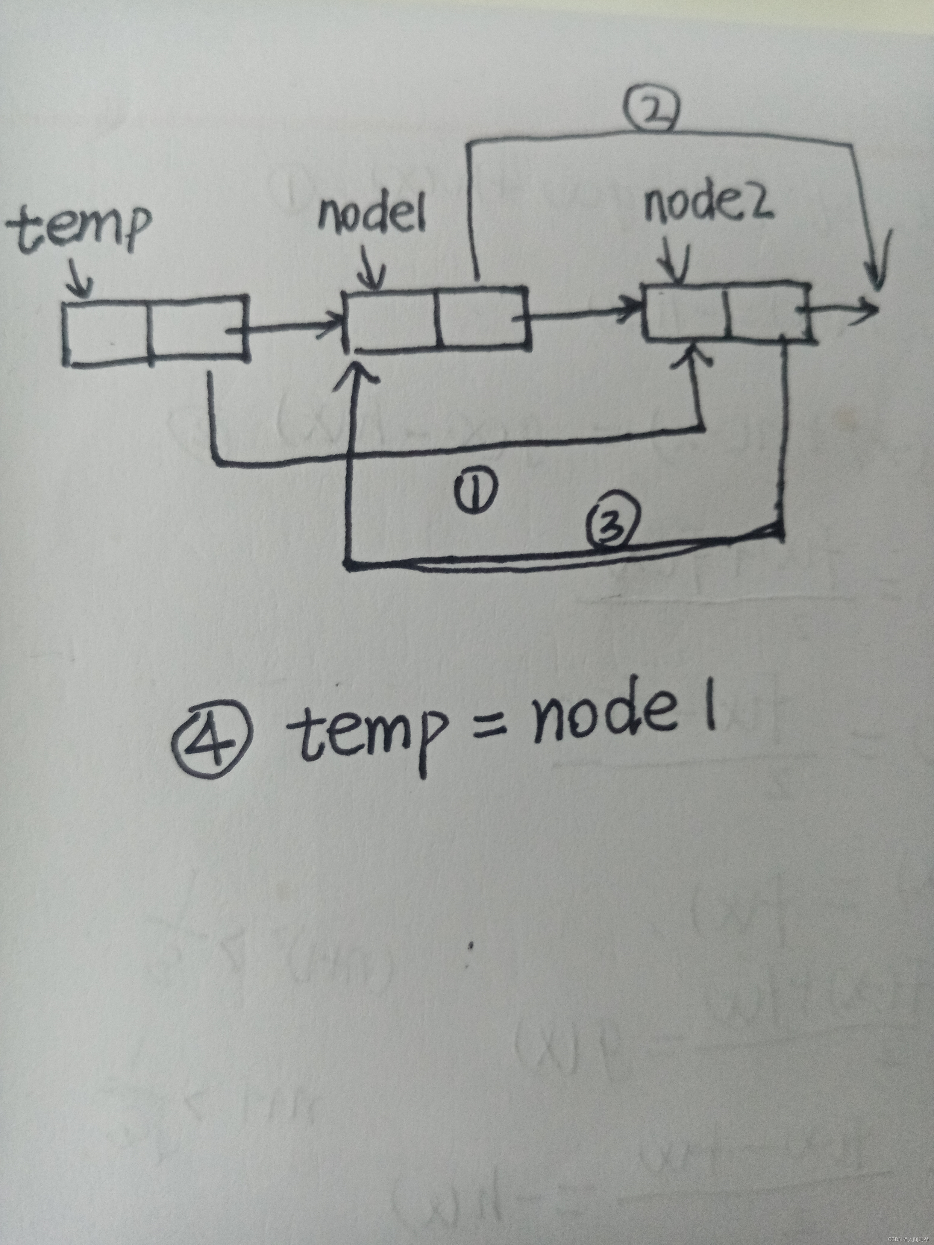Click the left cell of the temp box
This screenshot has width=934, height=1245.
[x=107, y=332]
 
